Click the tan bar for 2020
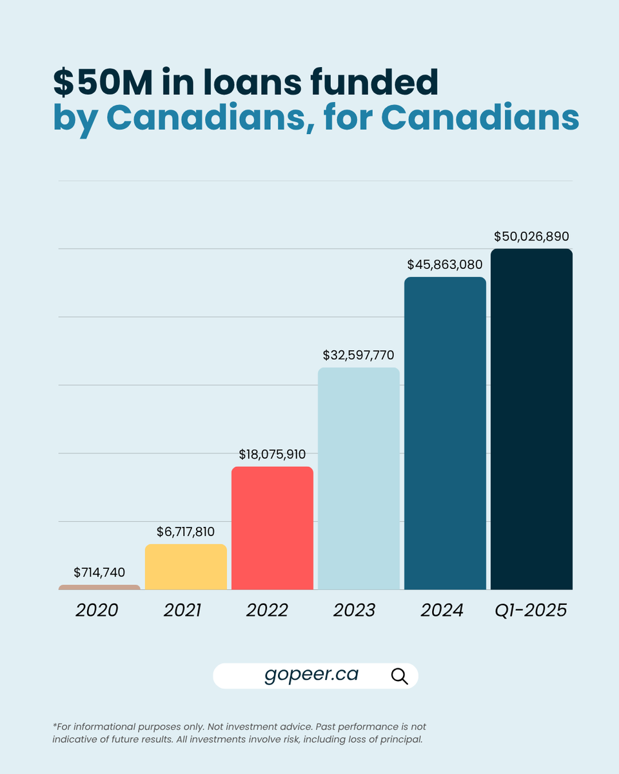(x=99, y=587)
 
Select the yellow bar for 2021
(x=186, y=567)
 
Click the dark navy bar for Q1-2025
(x=531, y=419)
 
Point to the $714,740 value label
(x=99, y=572)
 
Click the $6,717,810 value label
(x=186, y=532)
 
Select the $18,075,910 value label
(x=272, y=454)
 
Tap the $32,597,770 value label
(x=359, y=355)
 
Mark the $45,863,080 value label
(x=445, y=264)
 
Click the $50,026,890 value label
(x=531, y=236)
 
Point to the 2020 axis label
(x=97, y=610)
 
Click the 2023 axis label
(x=354, y=610)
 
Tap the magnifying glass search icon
(x=400, y=676)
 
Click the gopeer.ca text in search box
(x=311, y=675)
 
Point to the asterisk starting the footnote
(x=55, y=726)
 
